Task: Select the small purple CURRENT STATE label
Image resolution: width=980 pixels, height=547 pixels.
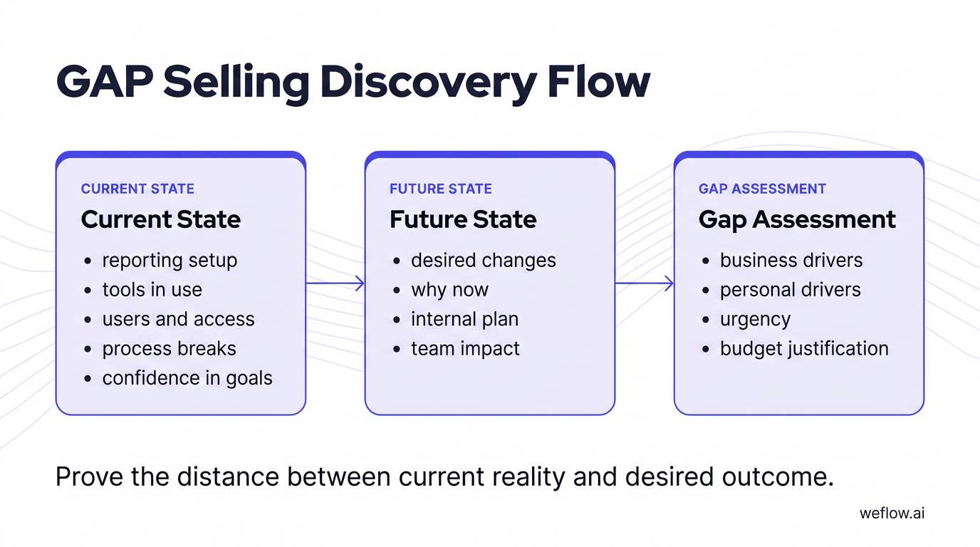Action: click(137, 189)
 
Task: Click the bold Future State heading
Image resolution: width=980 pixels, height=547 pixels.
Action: click(463, 219)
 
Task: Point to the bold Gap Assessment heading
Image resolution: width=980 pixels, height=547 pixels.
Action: click(797, 219)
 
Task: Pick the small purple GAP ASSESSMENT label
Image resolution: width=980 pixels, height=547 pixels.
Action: click(762, 189)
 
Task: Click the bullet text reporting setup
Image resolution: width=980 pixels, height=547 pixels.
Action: click(170, 261)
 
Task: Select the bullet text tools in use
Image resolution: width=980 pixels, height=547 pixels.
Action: click(152, 290)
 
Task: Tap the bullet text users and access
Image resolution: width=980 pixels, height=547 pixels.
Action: click(178, 319)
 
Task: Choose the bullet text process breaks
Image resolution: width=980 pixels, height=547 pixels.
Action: click(169, 349)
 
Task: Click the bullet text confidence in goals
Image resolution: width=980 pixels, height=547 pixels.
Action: click(187, 378)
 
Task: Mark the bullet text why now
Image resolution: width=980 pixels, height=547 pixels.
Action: click(449, 290)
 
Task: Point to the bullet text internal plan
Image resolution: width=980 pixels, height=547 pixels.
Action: click(464, 319)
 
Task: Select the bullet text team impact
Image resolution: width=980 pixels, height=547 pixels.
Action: click(465, 349)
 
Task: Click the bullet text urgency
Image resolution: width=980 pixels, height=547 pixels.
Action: click(755, 319)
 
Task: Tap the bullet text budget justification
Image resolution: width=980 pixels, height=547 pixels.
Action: click(804, 349)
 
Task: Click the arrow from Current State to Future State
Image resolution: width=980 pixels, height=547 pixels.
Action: click(335, 283)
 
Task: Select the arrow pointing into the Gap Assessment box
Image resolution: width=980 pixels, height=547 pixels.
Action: click(644, 283)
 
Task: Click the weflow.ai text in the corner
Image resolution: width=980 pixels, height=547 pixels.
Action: click(892, 513)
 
